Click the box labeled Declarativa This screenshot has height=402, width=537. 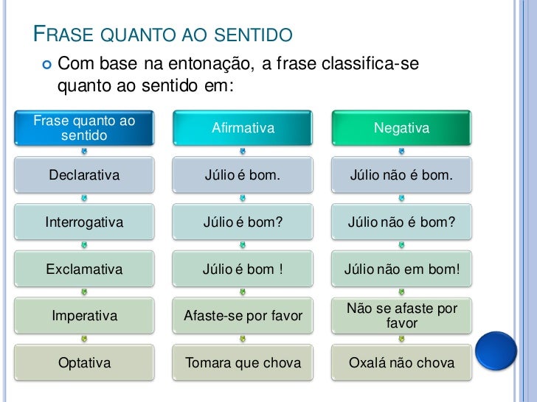click(84, 175)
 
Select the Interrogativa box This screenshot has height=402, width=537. click(84, 222)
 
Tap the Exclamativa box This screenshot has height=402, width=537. click(84, 269)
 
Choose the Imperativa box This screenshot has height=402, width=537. click(84, 316)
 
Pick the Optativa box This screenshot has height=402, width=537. click(84, 362)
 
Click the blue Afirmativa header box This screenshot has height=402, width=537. click(243, 128)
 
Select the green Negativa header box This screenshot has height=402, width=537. click(401, 128)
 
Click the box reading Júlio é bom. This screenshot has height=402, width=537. click(243, 175)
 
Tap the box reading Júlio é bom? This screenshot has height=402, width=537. click(243, 222)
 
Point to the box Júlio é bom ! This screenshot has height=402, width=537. click(243, 269)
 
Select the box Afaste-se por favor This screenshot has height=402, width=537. click(243, 316)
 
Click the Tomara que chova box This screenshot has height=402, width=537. click(243, 362)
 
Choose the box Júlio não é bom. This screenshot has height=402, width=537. click(401, 175)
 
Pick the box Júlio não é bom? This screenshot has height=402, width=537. click(401, 222)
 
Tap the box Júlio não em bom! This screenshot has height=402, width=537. click(401, 269)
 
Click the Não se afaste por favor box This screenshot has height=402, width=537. click(401, 316)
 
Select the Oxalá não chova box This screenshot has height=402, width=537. click(401, 362)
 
